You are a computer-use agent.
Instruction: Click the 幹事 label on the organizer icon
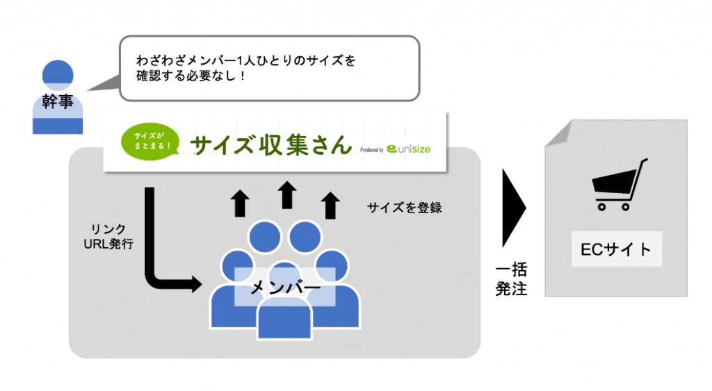(x=58, y=101)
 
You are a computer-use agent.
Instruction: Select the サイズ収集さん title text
(x=271, y=145)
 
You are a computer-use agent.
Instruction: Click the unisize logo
(x=409, y=149)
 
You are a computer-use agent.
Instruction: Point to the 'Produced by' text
(x=372, y=150)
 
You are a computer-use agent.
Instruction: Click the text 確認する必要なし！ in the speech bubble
(x=191, y=75)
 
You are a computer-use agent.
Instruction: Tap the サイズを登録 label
(x=405, y=208)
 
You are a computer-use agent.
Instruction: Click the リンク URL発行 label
(x=108, y=236)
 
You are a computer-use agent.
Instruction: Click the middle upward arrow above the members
(x=287, y=195)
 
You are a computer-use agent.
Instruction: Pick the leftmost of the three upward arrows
(x=240, y=203)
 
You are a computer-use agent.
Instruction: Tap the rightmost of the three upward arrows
(x=330, y=206)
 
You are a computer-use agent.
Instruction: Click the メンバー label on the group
(x=286, y=287)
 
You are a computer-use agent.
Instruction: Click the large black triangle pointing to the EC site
(x=514, y=208)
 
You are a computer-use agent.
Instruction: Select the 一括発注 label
(x=511, y=279)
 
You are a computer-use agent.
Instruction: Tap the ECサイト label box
(x=617, y=249)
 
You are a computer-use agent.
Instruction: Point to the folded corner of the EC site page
(x=558, y=133)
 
